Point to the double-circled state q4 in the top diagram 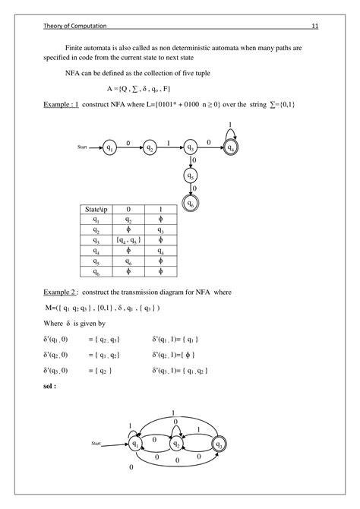click(x=231, y=147)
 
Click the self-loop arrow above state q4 click(x=231, y=131)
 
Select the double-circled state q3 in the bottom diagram click(x=219, y=443)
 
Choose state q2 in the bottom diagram click(x=177, y=443)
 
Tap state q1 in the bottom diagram click(x=137, y=443)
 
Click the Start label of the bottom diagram click(x=96, y=441)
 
